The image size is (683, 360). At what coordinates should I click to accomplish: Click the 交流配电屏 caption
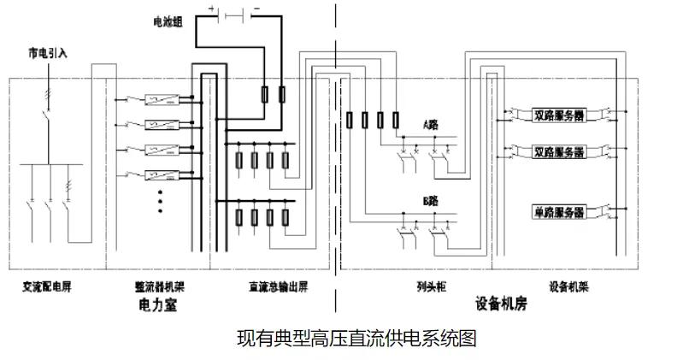coord(48,286)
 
